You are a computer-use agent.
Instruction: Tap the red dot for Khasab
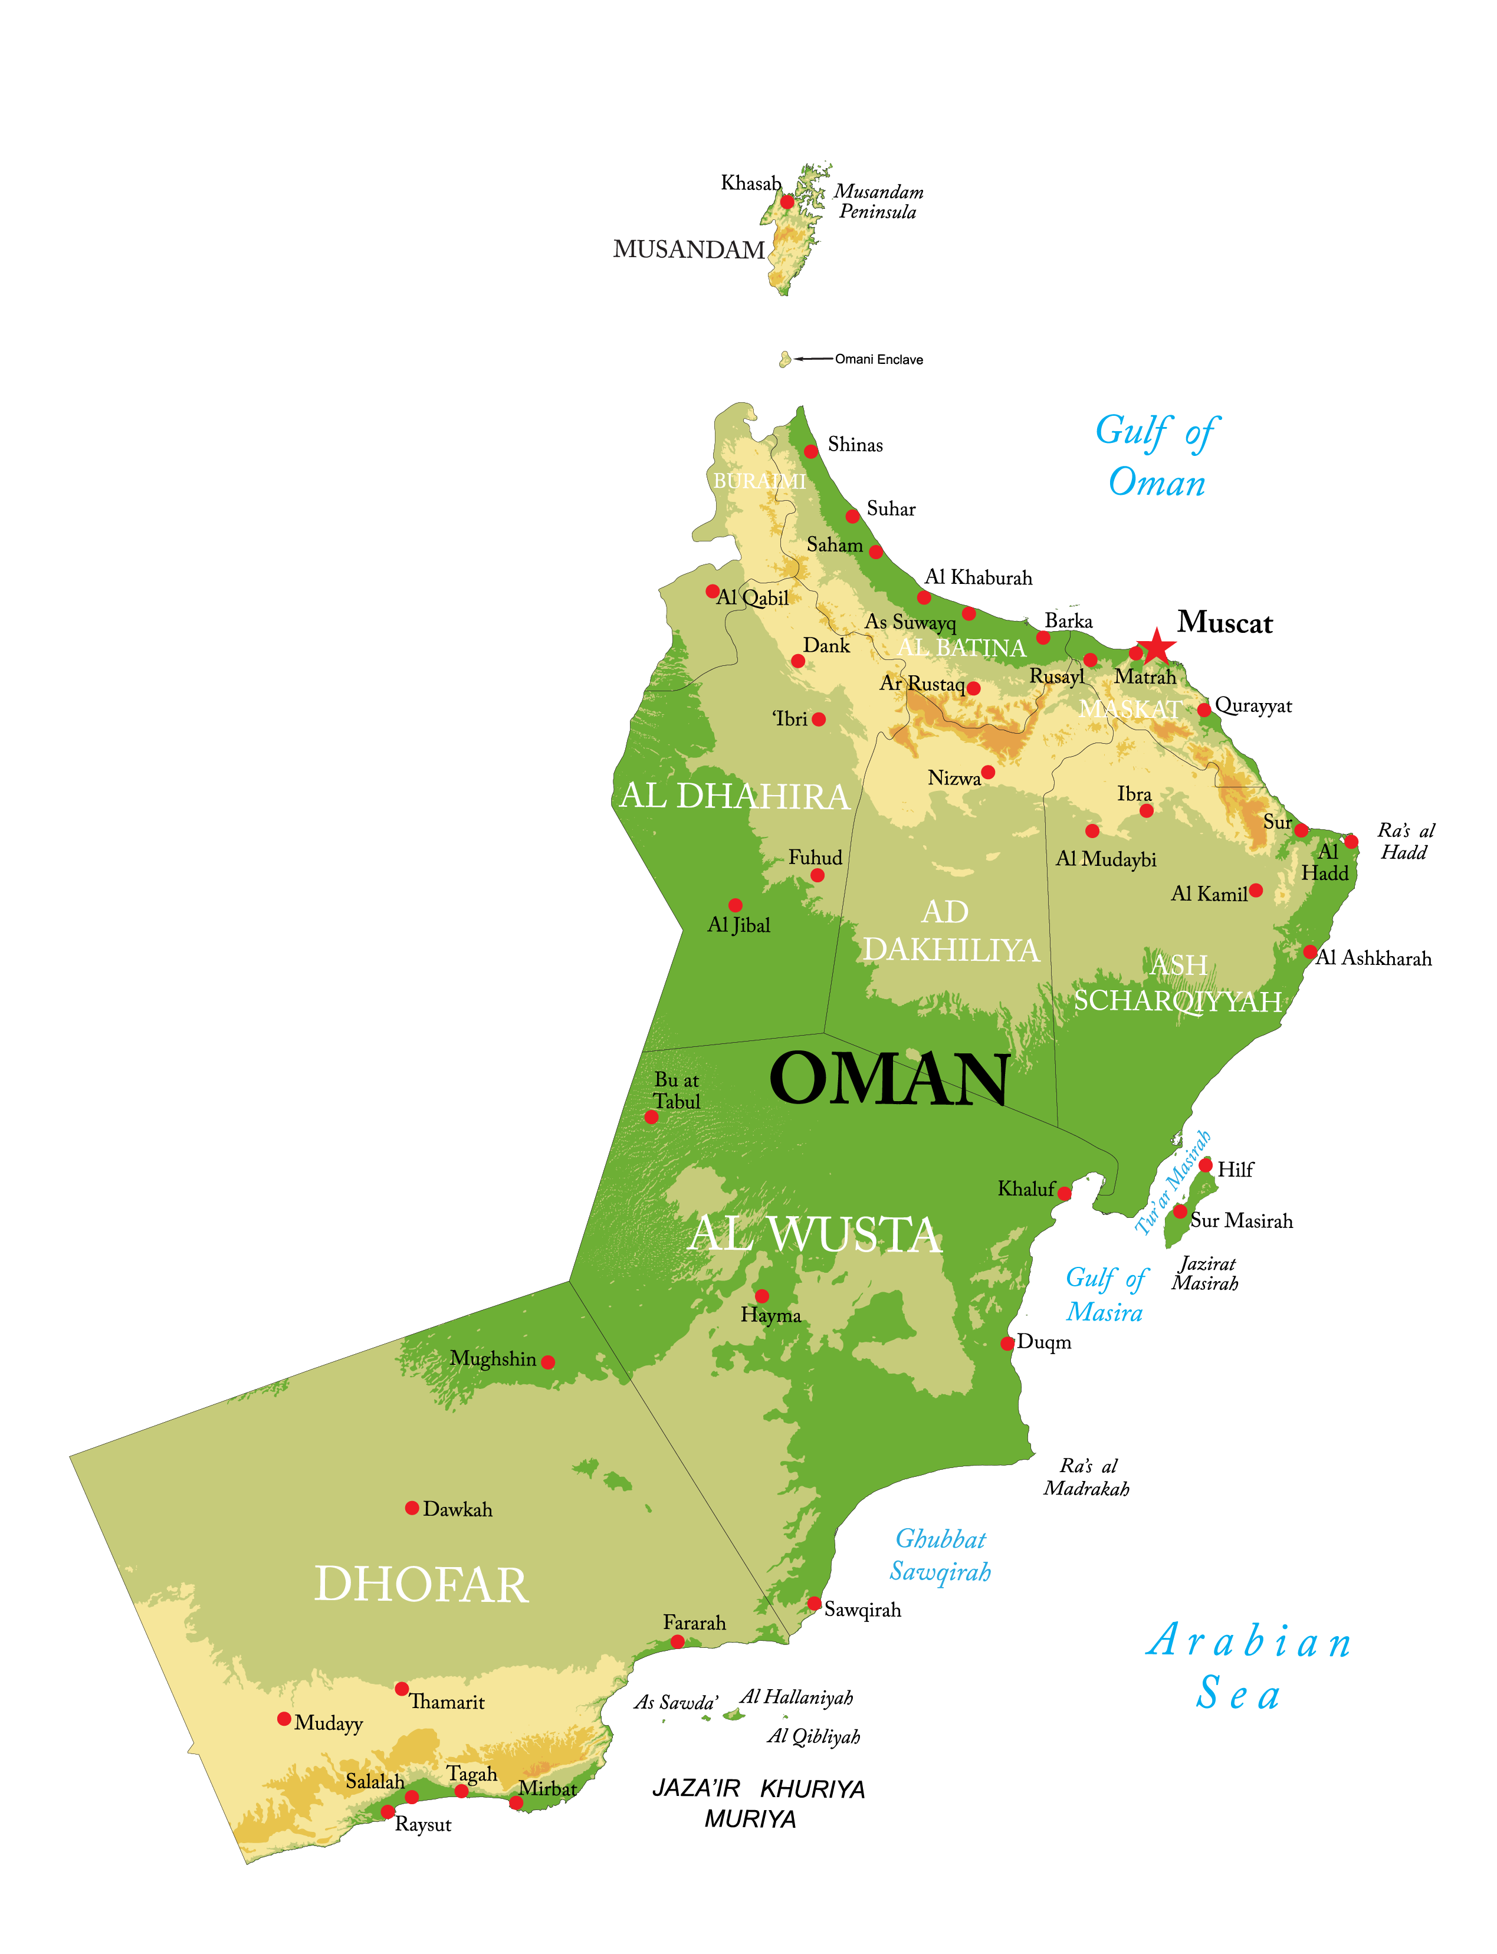[x=787, y=202]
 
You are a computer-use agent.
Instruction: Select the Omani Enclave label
[x=879, y=359]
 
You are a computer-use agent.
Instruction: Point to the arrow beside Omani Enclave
[x=813, y=359]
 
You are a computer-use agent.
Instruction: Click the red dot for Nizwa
[x=987, y=771]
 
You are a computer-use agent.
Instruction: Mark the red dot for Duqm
[x=1007, y=1343]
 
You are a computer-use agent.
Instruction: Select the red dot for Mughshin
[x=548, y=1362]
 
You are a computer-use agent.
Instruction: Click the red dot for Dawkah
[x=412, y=1508]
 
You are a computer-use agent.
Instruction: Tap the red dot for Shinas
[x=811, y=452]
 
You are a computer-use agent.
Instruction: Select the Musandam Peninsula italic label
[x=878, y=201]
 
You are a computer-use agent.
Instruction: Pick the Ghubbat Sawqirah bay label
[x=941, y=1555]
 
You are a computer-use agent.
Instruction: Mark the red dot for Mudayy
[x=284, y=1719]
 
